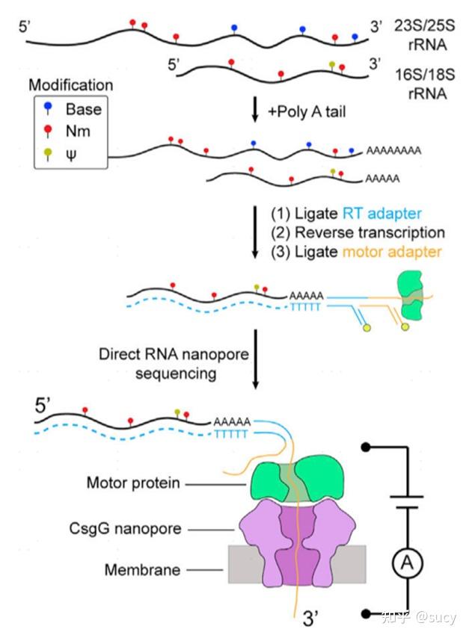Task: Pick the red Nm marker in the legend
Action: [49, 132]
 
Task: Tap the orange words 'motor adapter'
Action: [399, 252]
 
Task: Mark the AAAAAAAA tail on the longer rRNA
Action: [393, 150]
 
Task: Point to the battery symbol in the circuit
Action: [408, 502]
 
